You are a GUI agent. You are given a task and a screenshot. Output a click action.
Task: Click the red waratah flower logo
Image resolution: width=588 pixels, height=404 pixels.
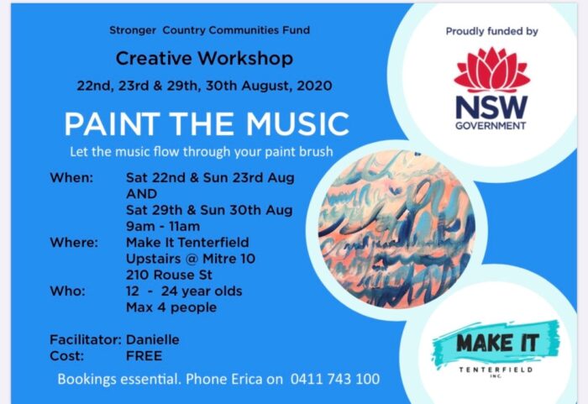click(491, 70)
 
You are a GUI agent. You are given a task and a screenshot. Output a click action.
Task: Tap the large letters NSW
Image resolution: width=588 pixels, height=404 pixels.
click(491, 108)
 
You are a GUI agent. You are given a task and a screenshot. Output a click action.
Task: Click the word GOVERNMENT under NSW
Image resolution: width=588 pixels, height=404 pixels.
click(491, 126)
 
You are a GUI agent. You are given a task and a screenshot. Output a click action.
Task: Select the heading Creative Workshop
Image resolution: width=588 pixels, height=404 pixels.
click(204, 59)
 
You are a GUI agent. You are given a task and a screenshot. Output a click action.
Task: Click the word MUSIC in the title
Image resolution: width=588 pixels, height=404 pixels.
click(297, 123)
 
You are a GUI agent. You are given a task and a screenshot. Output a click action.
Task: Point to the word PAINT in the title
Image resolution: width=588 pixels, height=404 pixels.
click(112, 123)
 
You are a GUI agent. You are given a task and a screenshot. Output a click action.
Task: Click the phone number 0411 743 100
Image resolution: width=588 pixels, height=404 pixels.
click(335, 379)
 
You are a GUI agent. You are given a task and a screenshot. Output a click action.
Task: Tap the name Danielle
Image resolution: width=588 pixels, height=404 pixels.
click(153, 339)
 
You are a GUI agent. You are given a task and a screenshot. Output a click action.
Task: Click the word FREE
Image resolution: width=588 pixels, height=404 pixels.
click(144, 355)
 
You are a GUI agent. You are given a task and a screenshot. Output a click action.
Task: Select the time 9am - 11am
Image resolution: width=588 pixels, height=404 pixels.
click(163, 226)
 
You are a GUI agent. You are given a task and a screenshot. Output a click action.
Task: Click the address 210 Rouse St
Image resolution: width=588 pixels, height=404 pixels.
click(169, 275)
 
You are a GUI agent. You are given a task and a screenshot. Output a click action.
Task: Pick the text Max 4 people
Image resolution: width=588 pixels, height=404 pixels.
click(171, 307)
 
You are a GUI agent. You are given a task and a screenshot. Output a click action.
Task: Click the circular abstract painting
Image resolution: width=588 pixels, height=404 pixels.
click(396, 229)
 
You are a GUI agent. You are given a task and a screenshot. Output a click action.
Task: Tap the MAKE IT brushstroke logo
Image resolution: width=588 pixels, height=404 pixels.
click(496, 345)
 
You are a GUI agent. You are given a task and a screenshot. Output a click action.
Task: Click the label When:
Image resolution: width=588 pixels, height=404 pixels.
click(71, 177)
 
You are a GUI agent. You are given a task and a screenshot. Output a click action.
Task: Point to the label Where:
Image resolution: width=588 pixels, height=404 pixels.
click(74, 243)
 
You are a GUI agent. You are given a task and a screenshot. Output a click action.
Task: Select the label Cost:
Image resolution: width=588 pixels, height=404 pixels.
click(66, 355)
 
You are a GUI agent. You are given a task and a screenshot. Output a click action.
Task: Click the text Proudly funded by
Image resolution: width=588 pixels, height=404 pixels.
click(491, 32)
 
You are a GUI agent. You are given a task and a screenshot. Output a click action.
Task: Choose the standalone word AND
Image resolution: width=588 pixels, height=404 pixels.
click(141, 194)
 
